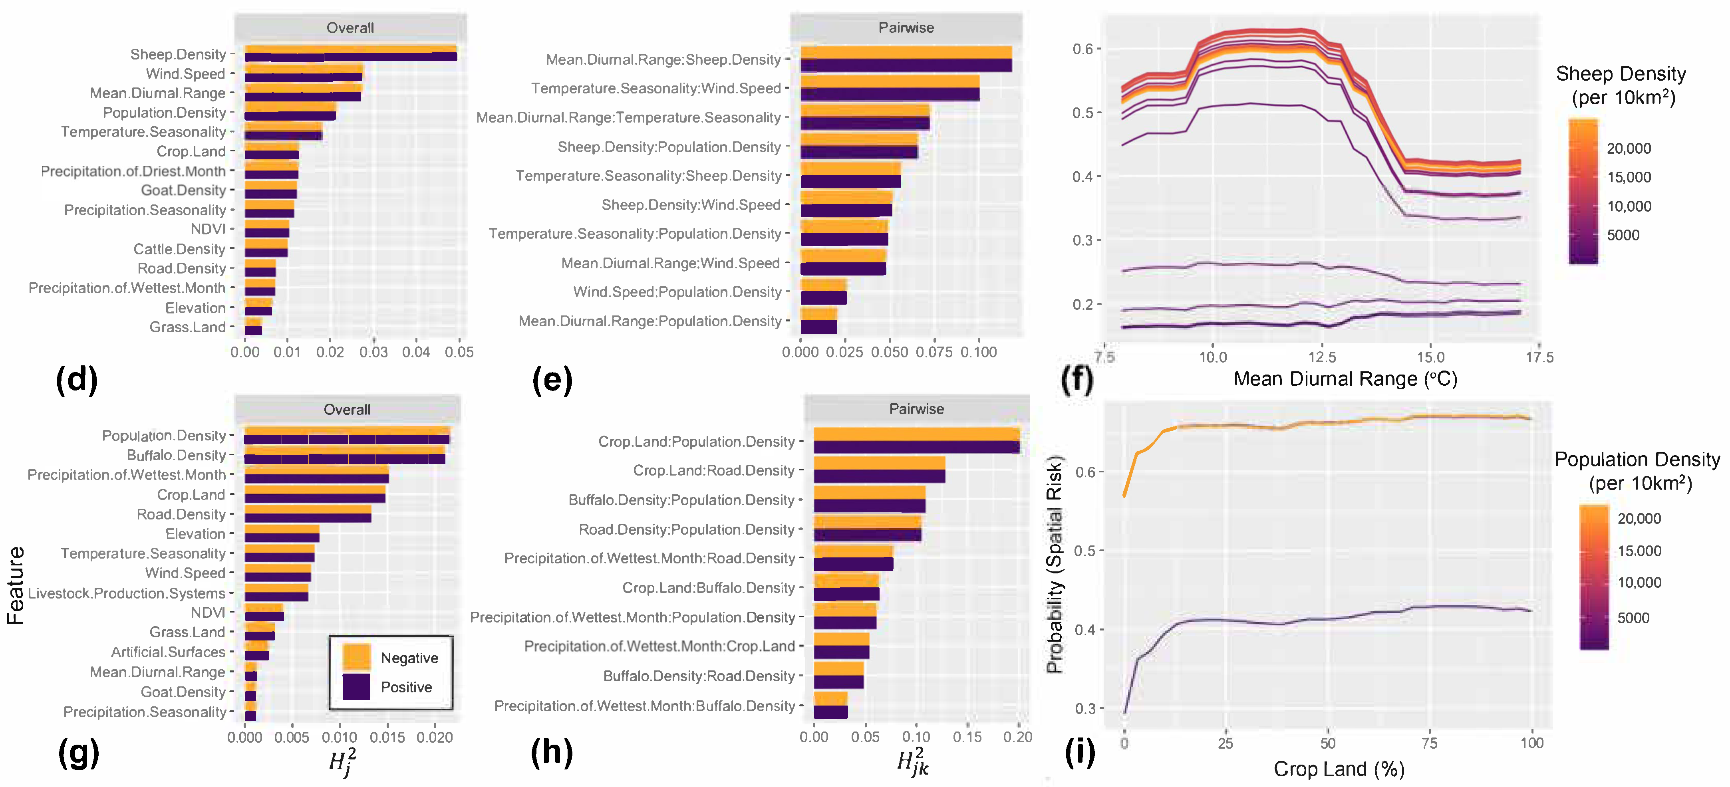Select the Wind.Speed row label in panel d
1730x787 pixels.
(x=185, y=74)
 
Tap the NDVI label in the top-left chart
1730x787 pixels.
(x=208, y=229)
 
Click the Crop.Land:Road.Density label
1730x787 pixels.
(x=713, y=471)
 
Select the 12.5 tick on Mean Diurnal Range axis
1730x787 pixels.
(x=1322, y=357)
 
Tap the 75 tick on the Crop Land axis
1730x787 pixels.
(x=1429, y=743)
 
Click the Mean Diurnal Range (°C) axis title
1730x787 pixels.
(x=1345, y=379)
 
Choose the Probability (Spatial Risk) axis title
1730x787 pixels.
(x=1055, y=564)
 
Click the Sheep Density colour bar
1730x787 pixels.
(x=1583, y=191)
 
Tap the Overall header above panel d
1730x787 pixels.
(x=350, y=28)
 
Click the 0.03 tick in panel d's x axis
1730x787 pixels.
(x=373, y=352)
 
